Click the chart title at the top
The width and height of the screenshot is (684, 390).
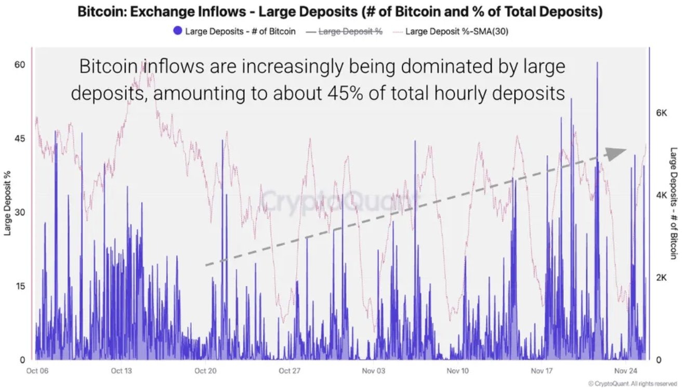tap(340, 12)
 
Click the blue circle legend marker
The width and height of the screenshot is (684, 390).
tap(178, 31)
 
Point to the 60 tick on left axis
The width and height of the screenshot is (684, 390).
tap(20, 64)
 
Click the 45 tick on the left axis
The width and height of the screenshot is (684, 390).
tap(20, 138)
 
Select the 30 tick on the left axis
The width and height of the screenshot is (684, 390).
tap(20, 212)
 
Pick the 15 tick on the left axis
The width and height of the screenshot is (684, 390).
tap(20, 286)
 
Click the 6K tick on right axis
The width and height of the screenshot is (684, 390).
tap(662, 113)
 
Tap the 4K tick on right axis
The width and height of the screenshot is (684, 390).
tap(662, 195)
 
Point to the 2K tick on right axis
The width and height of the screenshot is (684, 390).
tap(662, 277)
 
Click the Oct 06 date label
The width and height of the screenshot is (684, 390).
tap(37, 371)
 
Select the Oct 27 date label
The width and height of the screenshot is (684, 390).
tap(290, 371)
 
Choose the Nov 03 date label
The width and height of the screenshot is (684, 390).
tap(374, 371)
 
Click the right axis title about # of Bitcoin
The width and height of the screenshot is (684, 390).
tap(674, 203)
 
